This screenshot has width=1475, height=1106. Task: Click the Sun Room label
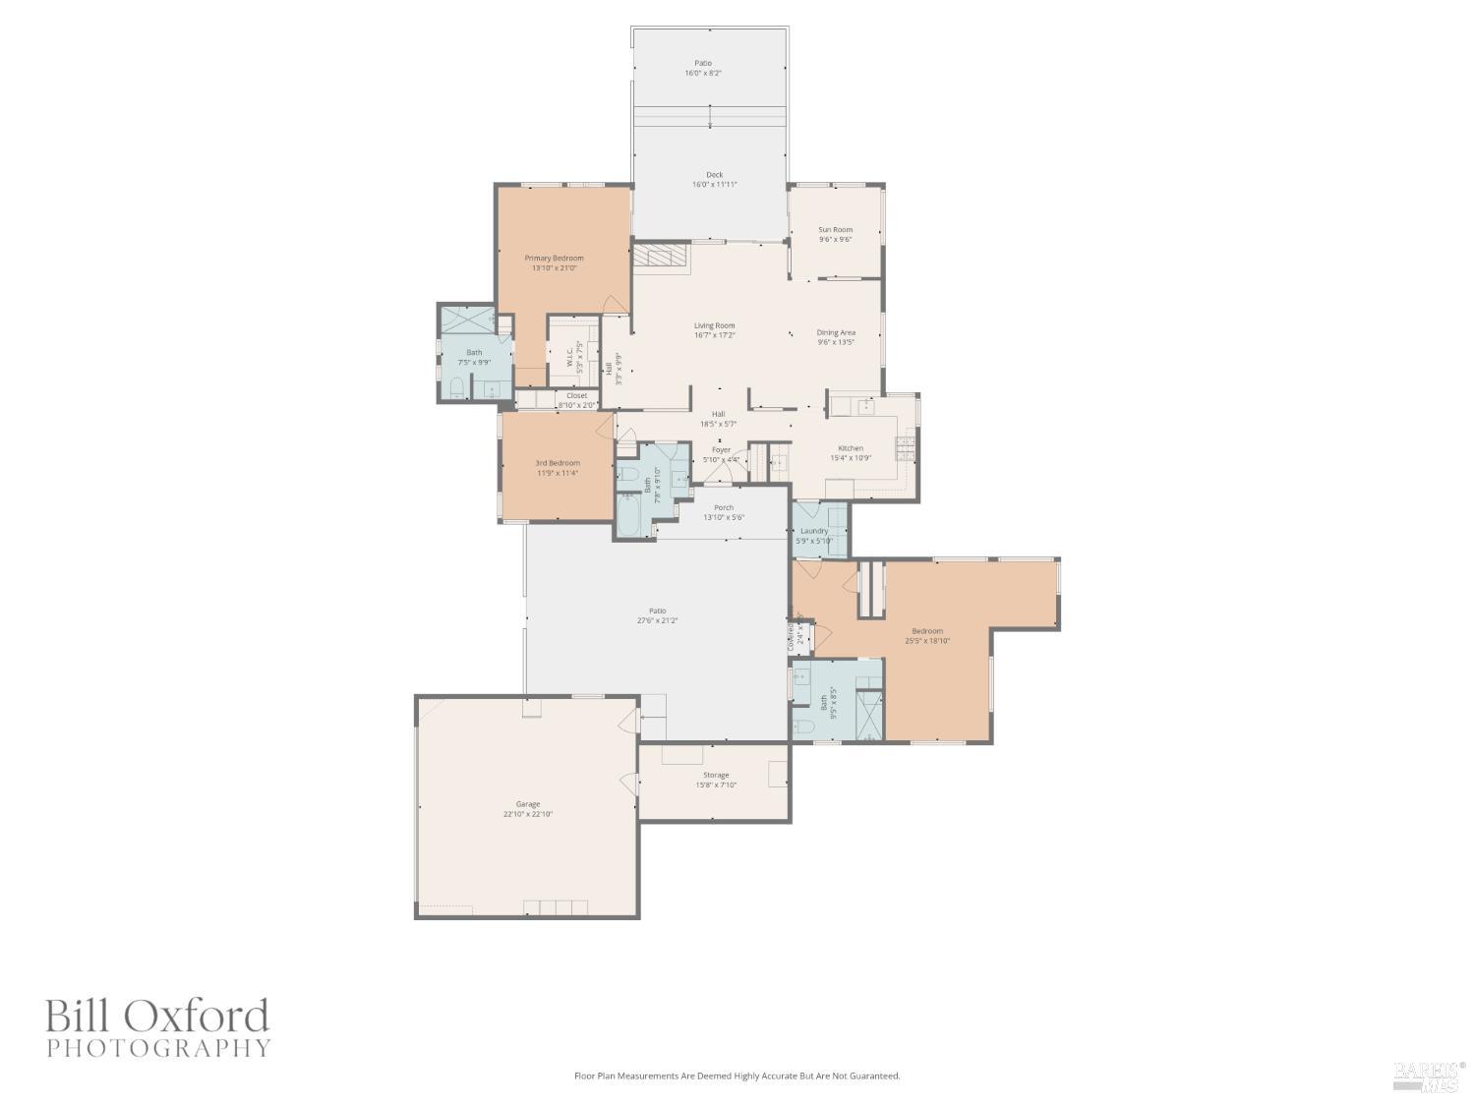point(835,230)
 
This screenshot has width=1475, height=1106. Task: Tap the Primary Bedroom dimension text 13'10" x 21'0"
point(554,267)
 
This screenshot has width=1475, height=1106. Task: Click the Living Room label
point(714,325)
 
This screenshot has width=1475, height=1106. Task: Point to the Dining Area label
point(835,332)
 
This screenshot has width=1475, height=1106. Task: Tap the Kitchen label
point(850,448)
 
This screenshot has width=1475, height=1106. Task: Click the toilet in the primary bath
point(456,386)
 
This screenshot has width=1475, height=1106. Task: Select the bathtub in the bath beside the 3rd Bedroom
point(632,513)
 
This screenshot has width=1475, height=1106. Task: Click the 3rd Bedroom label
point(557,463)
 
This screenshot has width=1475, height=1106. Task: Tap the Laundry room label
point(813,531)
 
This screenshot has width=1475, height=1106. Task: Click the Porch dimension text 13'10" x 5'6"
point(723,517)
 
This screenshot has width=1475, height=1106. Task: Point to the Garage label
point(528,804)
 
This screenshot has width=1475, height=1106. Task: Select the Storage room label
point(715,775)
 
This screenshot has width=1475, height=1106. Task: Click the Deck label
point(714,175)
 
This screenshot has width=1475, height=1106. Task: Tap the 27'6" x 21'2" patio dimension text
point(657,620)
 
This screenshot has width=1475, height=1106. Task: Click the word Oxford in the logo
point(202,1016)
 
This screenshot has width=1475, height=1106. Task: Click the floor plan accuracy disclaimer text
point(737,1076)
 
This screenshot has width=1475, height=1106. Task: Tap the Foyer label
point(721,450)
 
